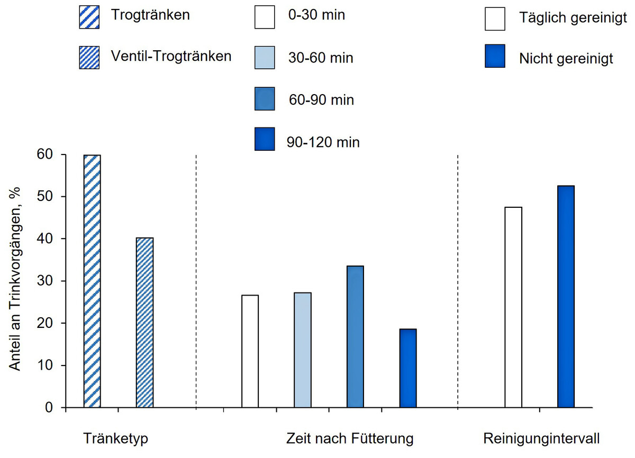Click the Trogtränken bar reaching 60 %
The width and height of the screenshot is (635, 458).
point(92,281)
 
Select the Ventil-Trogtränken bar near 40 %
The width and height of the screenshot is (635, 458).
point(144,323)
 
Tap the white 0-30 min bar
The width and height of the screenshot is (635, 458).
point(250,352)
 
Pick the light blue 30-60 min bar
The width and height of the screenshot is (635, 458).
point(303,350)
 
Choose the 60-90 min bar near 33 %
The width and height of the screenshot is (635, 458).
point(355,337)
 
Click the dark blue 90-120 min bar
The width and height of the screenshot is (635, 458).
point(408,369)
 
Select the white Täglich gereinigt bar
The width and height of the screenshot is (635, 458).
point(513,307)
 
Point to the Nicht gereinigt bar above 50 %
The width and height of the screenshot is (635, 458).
point(566,297)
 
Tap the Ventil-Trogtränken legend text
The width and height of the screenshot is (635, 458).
point(171,56)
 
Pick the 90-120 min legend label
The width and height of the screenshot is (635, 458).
point(323,142)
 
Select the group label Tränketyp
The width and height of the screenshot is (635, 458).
point(115,439)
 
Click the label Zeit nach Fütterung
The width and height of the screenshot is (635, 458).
point(350,439)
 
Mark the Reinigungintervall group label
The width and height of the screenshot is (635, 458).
point(541,439)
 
